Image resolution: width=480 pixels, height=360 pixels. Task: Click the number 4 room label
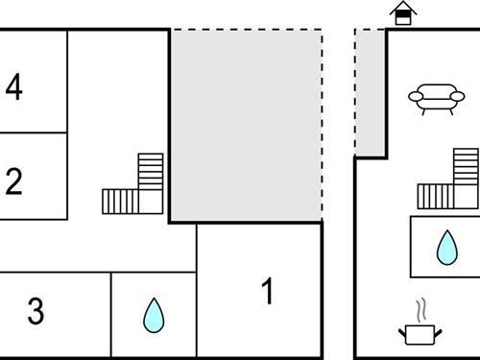coord(13,87)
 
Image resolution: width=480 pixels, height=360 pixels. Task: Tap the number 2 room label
coord(13,181)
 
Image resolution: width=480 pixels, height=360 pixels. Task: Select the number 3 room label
coord(36,311)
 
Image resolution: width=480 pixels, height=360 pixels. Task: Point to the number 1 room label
coord(269,291)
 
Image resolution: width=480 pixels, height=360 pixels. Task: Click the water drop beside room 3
coord(153,315)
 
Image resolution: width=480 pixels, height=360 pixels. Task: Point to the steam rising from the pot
coord(420,310)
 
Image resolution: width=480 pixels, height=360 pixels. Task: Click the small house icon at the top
coord(403,14)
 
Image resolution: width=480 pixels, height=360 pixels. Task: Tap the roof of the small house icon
coord(403,8)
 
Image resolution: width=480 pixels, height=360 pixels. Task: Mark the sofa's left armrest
coord(413,96)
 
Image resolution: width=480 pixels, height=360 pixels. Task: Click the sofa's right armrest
coord(446,96)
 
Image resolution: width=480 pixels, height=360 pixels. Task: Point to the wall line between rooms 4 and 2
coord(34,132)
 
